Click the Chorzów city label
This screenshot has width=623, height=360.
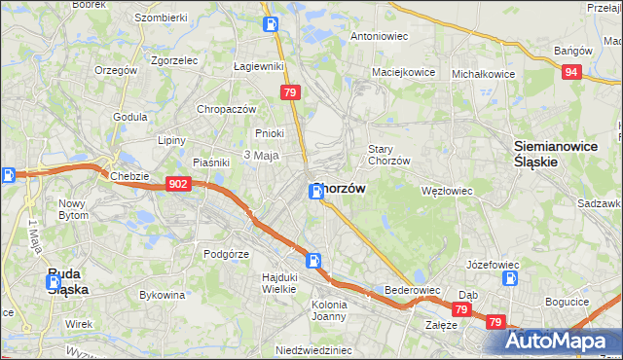pos(339,190)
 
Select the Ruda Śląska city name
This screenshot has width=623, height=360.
pos(69,281)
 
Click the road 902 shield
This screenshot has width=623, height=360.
pos(177,184)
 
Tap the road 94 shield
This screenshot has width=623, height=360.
pos(572,71)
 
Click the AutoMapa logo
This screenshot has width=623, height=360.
pos(563,341)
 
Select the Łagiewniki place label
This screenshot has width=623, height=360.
pos(258,66)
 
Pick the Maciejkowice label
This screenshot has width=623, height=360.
pos(402,72)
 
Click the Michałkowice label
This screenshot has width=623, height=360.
pos(483,73)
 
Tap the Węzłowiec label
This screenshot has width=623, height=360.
pos(446,192)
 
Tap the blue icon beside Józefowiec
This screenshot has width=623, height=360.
pos(508,278)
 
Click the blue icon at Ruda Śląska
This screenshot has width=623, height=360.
pos(55,283)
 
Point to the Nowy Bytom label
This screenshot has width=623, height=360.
pos(74,210)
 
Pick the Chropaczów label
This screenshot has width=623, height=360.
pos(226,110)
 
